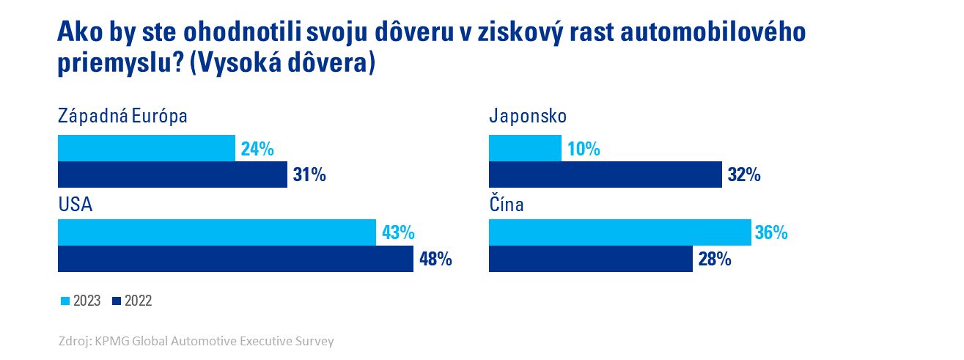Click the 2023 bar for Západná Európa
click(x=147, y=148)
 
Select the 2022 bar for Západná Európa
click(x=172, y=175)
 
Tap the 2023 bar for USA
click(x=216, y=232)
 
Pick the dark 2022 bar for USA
click(x=235, y=259)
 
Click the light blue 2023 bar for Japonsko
click(x=525, y=148)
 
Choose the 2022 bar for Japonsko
click(x=605, y=175)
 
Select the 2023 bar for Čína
click(x=619, y=232)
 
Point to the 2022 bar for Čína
click(x=590, y=259)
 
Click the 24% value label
click(x=257, y=150)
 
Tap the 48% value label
click(x=435, y=260)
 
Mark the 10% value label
click(x=584, y=150)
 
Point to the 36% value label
click(x=771, y=233)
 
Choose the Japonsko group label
click(x=528, y=117)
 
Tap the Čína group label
click(x=506, y=205)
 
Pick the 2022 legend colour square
click(x=117, y=301)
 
